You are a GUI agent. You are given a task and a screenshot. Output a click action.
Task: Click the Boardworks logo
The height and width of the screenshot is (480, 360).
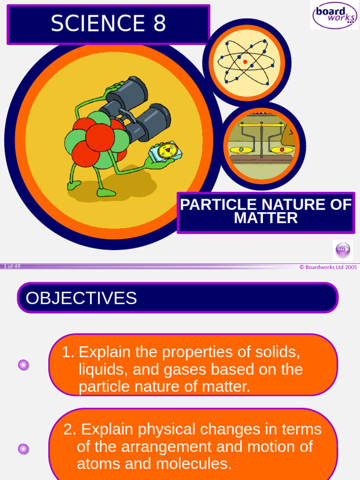pos(335,15)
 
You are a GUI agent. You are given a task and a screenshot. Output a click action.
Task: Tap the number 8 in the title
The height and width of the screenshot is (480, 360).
pos(159,23)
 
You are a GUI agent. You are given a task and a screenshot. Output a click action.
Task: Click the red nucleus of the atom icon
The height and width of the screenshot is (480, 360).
pos(245,62)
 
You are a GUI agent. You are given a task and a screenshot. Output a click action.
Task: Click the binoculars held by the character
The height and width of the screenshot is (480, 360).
pos(136,112)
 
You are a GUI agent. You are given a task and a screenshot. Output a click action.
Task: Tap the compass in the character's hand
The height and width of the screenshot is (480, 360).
pos(165,151)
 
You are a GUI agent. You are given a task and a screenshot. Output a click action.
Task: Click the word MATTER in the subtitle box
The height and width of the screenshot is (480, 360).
pos(266,218)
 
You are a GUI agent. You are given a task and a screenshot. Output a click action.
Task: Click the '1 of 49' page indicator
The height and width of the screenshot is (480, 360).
pos(12,266)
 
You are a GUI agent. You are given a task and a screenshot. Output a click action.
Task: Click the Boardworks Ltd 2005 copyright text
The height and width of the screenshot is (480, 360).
pos(328,267)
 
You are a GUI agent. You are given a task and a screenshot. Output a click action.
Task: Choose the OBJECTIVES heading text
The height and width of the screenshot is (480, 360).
pos(82,298)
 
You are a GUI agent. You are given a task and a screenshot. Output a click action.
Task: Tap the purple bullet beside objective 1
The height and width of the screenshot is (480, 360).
pos(23,365)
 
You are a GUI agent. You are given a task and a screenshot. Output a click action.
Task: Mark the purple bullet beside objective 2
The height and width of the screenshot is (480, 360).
pos(23,449)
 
